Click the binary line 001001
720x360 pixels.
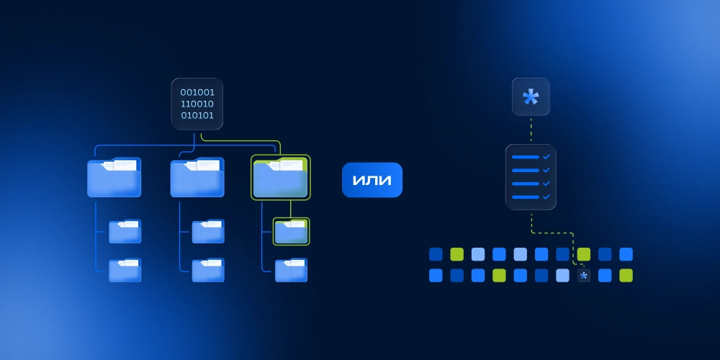[197, 92]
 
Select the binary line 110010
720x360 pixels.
[197, 104]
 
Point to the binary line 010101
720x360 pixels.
[197, 115]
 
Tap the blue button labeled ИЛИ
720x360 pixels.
[372, 180]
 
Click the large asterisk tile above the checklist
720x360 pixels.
[531, 96]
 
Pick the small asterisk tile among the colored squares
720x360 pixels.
[583, 275]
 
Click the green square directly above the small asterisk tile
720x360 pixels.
[583, 254]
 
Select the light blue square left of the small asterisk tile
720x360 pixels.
[562, 275]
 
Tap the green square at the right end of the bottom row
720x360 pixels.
[626, 275]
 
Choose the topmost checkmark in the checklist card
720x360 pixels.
[546, 156]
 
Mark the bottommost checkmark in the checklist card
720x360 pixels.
[546, 196]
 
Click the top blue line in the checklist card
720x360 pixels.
[525, 156]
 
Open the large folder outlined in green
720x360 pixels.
[280, 178]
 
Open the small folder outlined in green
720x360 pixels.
[291, 231]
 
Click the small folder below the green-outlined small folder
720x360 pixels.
[291, 270]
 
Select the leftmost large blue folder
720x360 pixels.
[114, 178]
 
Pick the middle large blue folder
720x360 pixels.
[197, 178]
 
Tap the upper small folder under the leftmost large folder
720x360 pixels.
[125, 231]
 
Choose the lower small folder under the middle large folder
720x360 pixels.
[208, 270]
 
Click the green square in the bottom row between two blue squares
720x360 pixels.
[499, 275]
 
